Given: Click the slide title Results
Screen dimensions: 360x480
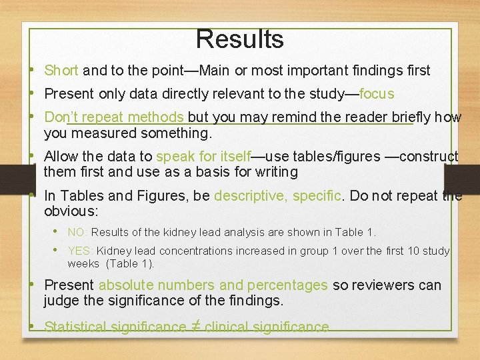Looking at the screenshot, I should coord(240,39).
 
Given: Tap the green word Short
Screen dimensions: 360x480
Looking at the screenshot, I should coord(61,71).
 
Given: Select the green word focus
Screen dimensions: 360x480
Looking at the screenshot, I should coord(377,94).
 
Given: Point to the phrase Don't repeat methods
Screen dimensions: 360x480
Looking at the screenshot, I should coord(114,117).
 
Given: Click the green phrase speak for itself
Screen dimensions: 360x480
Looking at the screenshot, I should coord(203,157).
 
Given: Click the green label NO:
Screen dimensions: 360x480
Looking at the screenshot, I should coord(77,233).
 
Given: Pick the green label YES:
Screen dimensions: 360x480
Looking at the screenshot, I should coord(80,251).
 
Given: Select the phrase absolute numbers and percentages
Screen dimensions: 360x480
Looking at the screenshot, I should coord(213,285).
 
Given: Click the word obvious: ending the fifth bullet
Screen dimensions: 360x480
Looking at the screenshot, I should coord(71,211).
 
